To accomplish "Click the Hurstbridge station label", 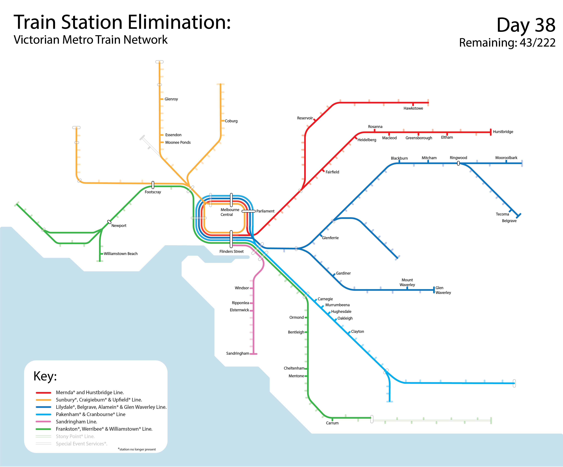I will (x=503, y=132).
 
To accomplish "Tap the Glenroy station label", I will (x=171, y=99).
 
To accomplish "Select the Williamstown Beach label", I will (x=121, y=254).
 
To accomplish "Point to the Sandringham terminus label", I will (x=237, y=353).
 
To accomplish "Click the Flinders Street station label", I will (x=231, y=252).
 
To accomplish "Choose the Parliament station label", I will (x=265, y=211).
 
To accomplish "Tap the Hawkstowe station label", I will (x=413, y=108).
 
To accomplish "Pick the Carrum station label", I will (x=332, y=423).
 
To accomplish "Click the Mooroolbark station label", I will (x=506, y=158).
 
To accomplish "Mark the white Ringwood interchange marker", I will (x=458, y=163).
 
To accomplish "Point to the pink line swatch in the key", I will (x=43, y=422).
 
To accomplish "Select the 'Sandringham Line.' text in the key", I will (x=76, y=422).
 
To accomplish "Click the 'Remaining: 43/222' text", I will (x=507, y=43).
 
